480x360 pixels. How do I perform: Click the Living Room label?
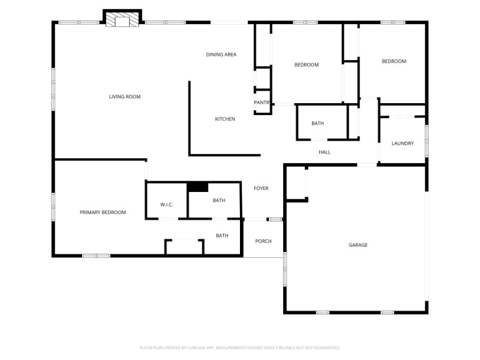pyautogui.click(x=125, y=97)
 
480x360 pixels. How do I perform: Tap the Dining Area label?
pyautogui.click(x=221, y=55)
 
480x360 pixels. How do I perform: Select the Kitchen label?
pyautogui.click(x=225, y=119)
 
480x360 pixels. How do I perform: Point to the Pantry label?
pyautogui.click(x=262, y=103)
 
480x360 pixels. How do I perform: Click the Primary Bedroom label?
pyautogui.click(x=103, y=212)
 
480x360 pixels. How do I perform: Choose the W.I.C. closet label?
pyautogui.click(x=167, y=205)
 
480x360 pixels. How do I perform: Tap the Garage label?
pyautogui.click(x=358, y=245)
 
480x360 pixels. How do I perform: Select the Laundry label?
pyautogui.click(x=403, y=143)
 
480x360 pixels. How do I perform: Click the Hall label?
pyautogui.click(x=325, y=152)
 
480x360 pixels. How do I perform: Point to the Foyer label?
pyautogui.click(x=261, y=188)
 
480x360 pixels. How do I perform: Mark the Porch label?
pyautogui.click(x=263, y=241)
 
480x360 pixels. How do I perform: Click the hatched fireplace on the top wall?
pyautogui.click(x=122, y=21)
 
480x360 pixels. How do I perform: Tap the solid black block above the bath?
pyautogui.click(x=197, y=187)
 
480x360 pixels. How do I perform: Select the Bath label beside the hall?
pyautogui.click(x=317, y=124)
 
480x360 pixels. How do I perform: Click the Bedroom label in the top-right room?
pyautogui.click(x=394, y=61)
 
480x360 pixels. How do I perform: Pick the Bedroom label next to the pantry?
pyautogui.click(x=306, y=65)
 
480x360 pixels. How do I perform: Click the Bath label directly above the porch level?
pyautogui.click(x=222, y=236)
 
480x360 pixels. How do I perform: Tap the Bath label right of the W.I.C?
pyautogui.click(x=219, y=200)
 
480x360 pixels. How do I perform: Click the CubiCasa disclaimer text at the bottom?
pyautogui.click(x=240, y=347)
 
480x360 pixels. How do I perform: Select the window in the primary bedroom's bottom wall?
pyautogui.click(x=96, y=256)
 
